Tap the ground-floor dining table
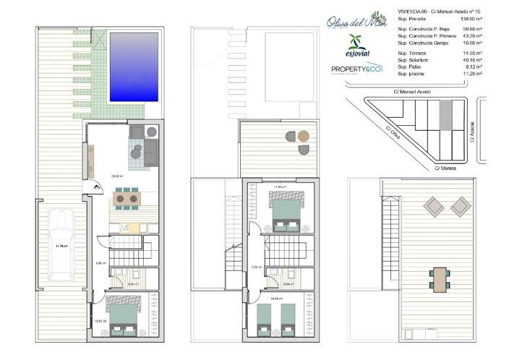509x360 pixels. [128, 197]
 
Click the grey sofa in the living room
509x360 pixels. [151, 152]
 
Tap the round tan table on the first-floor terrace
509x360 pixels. [304, 135]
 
